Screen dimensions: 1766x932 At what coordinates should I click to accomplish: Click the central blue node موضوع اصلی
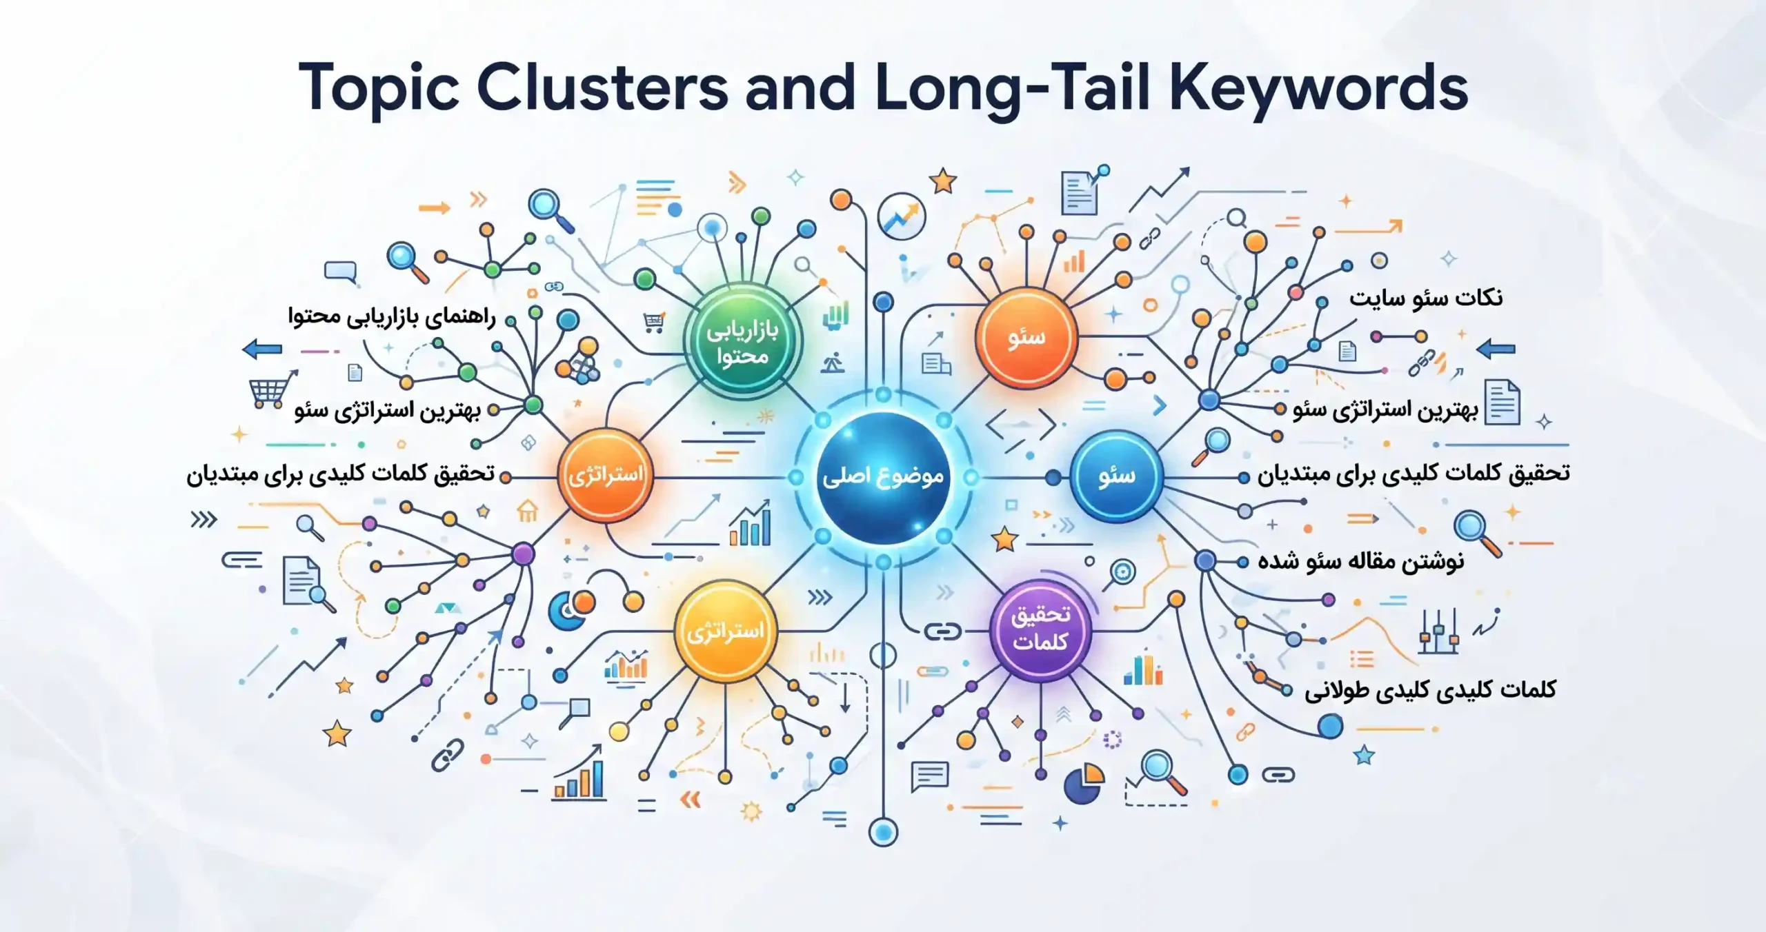click(x=883, y=477)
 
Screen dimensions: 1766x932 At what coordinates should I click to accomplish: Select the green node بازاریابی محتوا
click(x=742, y=341)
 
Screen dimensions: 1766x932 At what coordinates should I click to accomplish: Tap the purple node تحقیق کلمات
click(x=1040, y=629)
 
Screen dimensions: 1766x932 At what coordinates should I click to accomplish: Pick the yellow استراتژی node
click(x=725, y=631)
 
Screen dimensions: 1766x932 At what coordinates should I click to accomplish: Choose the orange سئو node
click(x=1026, y=337)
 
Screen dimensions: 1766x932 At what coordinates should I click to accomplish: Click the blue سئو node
click(x=1116, y=476)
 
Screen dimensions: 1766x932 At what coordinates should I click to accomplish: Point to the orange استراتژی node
click(x=605, y=475)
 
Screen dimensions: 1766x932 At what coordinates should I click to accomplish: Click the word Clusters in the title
click(x=602, y=88)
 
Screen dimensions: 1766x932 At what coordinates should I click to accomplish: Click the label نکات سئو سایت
click(x=1426, y=298)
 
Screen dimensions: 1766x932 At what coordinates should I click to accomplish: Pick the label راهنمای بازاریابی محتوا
click(x=391, y=317)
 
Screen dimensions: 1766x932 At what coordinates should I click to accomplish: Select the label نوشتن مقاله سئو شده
click(x=1360, y=561)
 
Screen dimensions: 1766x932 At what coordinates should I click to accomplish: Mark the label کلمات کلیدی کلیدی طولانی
click(x=1430, y=689)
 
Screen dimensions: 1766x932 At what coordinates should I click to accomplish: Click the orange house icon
click(x=528, y=511)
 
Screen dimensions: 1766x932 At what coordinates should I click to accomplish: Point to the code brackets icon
click(x=1021, y=425)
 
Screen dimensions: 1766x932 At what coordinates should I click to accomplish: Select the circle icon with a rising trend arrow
click(x=901, y=216)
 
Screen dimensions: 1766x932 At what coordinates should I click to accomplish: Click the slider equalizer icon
click(x=1438, y=631)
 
